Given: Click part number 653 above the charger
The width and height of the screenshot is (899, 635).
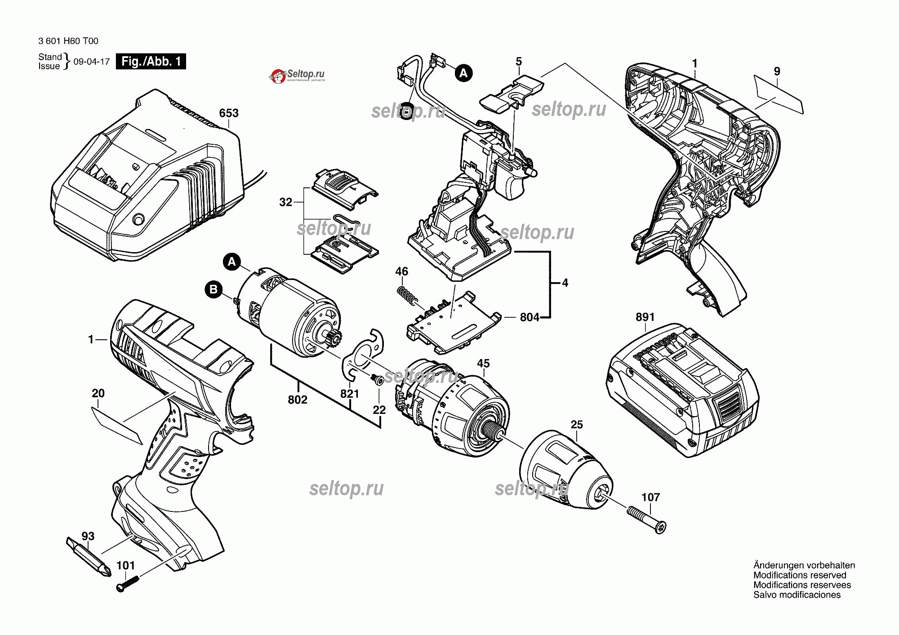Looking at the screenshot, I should coord(228,113).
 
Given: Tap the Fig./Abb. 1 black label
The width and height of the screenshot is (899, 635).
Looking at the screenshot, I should coord(151,62).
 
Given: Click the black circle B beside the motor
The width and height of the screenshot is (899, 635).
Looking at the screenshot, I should coord(214,289).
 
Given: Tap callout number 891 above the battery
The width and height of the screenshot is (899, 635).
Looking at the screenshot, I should coord(645,317).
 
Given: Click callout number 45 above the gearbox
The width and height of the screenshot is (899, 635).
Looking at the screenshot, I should coord(483,364).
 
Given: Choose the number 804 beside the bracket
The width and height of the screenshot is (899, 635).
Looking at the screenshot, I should coord(529,317).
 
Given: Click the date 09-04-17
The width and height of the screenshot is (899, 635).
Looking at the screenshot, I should coord(92,62).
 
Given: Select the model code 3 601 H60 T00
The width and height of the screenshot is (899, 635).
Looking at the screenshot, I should coord(68,41).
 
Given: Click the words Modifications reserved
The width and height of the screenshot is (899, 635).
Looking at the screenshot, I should coord(800,575).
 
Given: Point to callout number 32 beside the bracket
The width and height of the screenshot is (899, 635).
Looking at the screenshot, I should coord(285,202).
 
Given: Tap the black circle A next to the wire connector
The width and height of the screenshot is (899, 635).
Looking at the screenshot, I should coord(463,73).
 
